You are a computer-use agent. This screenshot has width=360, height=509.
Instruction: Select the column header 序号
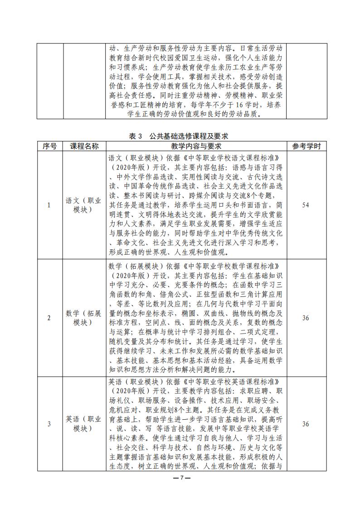tap(50, 146)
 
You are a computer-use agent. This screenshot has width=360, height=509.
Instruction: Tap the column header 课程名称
tap(84, 146)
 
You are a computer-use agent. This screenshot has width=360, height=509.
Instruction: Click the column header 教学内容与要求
tap(196, 146)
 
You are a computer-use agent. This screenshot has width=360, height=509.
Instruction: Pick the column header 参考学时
tap(306, 146)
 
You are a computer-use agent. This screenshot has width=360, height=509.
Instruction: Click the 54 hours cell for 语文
tap(306, 205)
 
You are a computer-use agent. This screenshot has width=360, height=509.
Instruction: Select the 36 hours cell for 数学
tap(306, 318)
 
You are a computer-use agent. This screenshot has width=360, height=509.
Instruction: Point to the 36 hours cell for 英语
tap(306, 424)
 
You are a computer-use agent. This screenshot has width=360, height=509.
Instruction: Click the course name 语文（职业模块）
tap(84, 205)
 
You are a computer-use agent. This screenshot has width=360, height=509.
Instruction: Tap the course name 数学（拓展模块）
tap(84, 318)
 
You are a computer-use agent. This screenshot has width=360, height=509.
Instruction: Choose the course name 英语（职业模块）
tap(84, 424)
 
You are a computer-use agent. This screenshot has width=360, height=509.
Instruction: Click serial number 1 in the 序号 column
tap(49, 205)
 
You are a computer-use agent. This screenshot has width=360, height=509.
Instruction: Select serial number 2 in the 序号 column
tap(49, 318)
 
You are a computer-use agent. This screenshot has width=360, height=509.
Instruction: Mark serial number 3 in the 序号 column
tap(49, 424)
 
